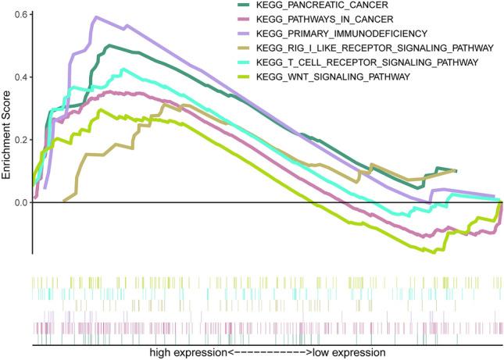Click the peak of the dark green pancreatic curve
tap(109, 45)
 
